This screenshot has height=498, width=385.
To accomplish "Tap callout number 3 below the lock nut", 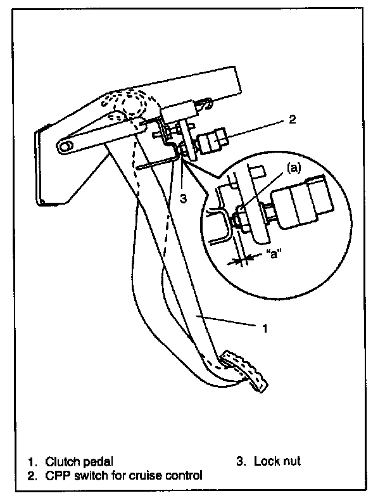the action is click(x=183, y=199).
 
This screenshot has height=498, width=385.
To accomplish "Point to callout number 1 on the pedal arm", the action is click(x=266, y=328).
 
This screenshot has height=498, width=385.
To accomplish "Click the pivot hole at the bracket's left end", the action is click(x=65, y=146).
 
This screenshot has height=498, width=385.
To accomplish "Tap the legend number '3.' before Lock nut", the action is click(x=241, y=461).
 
